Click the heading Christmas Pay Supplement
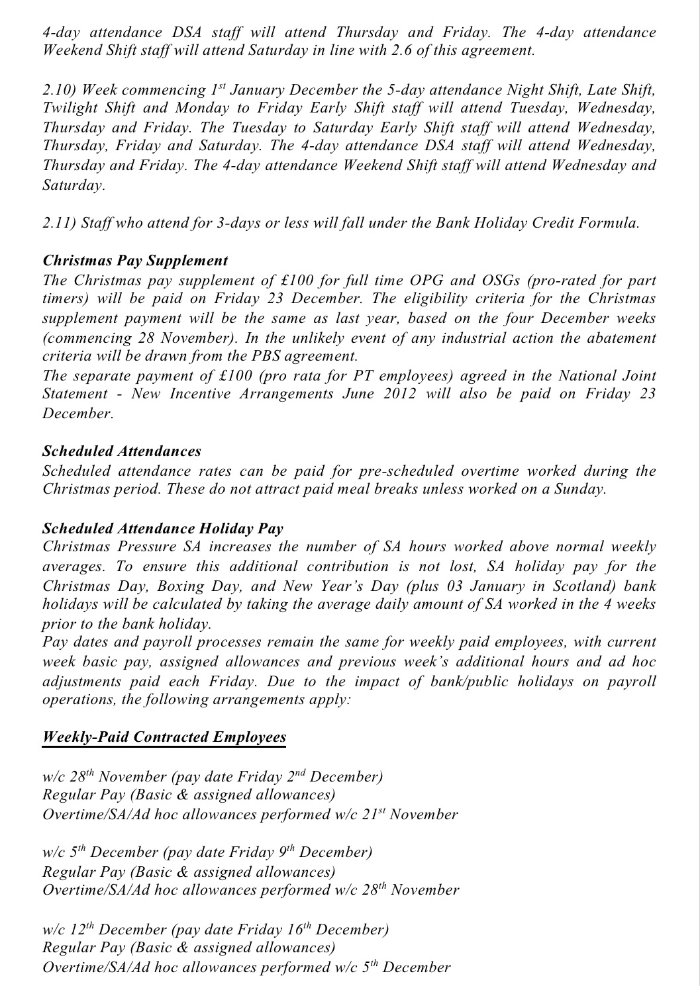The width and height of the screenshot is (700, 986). pyautogui.click(x=135, y=261)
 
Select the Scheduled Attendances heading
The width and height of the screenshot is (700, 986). pyautogui.click(x=121, y=451)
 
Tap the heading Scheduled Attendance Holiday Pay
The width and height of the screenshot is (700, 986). pyautogui.click(x=163, y=529)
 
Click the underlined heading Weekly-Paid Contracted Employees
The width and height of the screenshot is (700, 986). pyautogui.click(x=164, y=737)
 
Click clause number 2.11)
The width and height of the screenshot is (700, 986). pyautogui.click(x=58, y=223)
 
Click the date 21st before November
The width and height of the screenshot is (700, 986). pyautogui.click(x=374, y=814)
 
